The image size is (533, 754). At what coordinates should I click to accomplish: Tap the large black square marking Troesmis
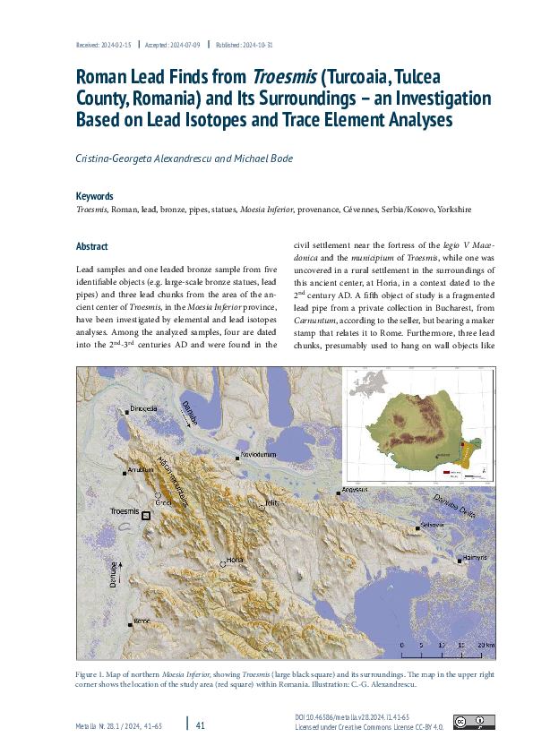[x=147, y=516]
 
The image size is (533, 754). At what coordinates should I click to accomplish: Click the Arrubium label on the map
[x=142, y=470]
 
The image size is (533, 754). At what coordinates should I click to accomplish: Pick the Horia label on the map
[x=235, y=559]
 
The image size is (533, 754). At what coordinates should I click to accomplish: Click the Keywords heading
[x=95, y=196]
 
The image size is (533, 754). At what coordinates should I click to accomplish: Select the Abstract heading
[x=92, y=246]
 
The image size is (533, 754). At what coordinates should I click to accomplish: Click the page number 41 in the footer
[x=201, y=724]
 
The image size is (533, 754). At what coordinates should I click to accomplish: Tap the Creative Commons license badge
[x=473, y=722]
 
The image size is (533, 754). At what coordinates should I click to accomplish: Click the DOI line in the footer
[x=351, y=718]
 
